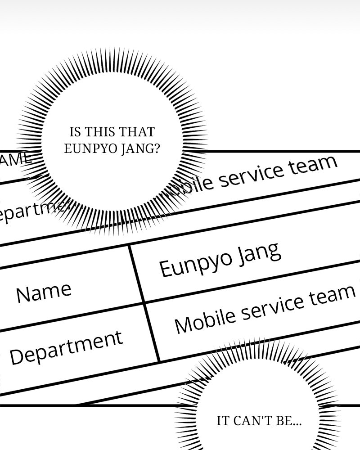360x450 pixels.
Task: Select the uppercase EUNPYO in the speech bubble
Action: (x=86, y=149)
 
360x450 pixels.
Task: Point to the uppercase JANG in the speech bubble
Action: (x=129, y=149)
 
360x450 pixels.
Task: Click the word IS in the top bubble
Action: (x=75, y=132)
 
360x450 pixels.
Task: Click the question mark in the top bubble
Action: (x=156, y=149)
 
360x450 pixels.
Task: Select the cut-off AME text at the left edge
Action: (x=16, y=159)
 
